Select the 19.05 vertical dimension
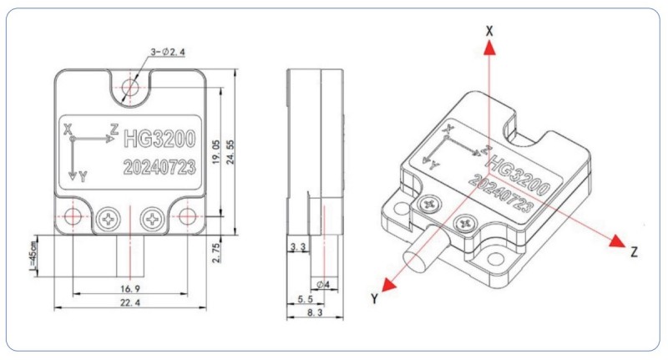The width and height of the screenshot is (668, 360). click(216, 152)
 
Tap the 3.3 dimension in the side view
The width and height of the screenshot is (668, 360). click(297, 248)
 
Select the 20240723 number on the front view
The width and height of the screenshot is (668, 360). click(159, 166)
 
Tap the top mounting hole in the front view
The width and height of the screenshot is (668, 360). click(130, 85)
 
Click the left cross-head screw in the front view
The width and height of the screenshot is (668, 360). click(108, 219)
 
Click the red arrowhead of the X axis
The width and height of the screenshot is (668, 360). click(490, 48)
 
